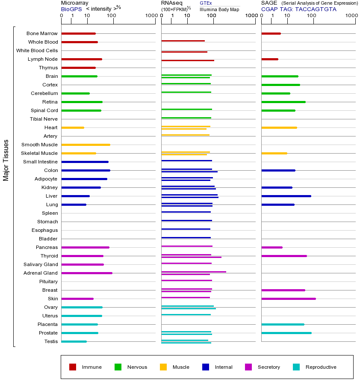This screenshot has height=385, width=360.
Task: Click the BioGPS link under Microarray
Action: [71, 9]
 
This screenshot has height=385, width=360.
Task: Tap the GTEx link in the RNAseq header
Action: [206, 3]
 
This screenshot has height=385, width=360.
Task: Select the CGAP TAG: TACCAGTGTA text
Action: [299, 9]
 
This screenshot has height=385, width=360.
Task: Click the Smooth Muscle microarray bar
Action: [86, 145]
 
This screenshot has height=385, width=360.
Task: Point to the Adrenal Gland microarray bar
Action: [87, 273]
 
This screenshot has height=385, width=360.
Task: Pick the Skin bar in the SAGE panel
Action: [289, 299]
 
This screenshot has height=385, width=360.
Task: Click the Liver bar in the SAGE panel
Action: [286, 196]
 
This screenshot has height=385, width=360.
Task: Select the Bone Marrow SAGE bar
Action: [271, 34]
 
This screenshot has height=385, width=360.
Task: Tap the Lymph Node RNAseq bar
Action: [188, 60]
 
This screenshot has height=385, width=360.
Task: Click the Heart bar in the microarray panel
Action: [73, 127]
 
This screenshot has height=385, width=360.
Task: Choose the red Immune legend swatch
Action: [73, 367]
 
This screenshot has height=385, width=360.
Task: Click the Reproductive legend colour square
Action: [296, 367]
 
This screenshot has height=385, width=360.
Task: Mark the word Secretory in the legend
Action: [269, 367]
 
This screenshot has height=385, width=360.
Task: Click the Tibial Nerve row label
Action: [44, 119]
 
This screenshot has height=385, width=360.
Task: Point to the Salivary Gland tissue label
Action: [41, 264]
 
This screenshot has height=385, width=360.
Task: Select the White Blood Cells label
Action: [37, 50]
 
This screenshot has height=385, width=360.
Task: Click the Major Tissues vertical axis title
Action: [6, 160]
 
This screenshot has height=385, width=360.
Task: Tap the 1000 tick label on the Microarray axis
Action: [151, 15]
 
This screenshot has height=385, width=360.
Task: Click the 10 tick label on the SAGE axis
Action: [287, 15]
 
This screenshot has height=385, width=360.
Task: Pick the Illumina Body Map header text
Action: [219, 9]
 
